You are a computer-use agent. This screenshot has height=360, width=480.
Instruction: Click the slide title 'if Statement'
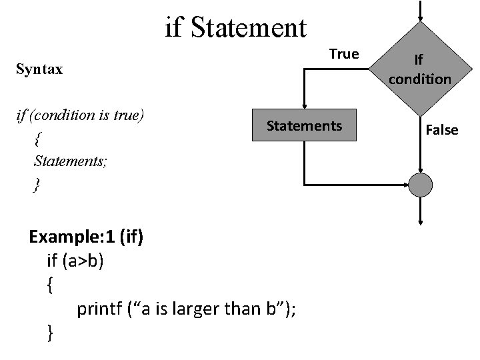point(235,28)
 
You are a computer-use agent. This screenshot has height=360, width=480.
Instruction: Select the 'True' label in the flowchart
point(344,53)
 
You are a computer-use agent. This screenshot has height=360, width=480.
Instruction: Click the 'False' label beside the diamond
point(442,129)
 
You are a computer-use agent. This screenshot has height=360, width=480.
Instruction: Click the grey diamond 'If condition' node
point(420,69)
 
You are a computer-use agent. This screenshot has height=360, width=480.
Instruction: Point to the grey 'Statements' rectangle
point(304,125)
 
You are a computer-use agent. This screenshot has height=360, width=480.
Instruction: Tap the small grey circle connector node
point(421,185)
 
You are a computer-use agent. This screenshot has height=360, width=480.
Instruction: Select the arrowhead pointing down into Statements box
point(304,105)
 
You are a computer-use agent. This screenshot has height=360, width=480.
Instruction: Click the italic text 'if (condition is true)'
point(79,115)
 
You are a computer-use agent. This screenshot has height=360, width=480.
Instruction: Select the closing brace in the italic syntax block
point(36,184)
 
